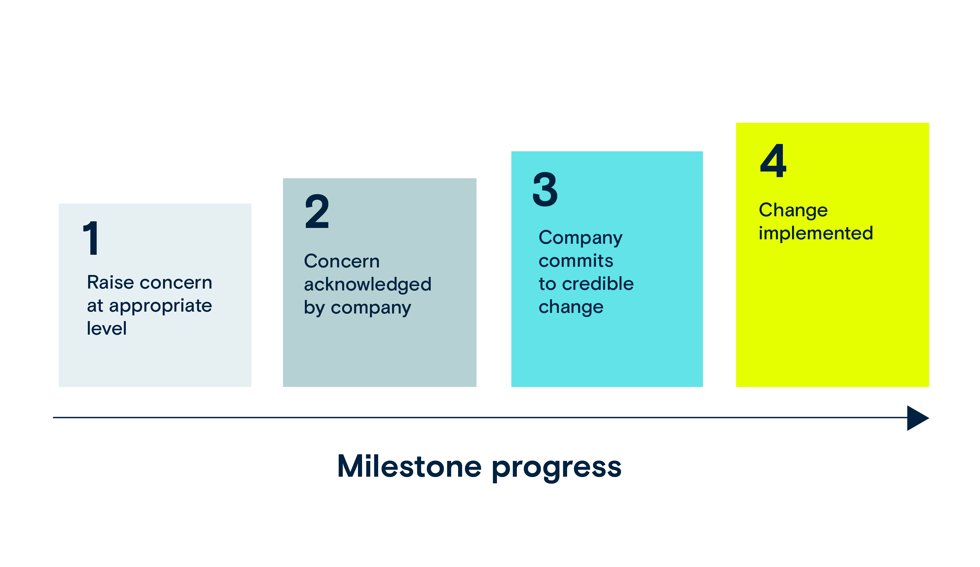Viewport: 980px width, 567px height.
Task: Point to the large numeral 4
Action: [x=773, y=160]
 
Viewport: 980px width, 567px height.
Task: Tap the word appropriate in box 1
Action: [x=160, y=307]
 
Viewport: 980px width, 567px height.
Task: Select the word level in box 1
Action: [x=106, y=328]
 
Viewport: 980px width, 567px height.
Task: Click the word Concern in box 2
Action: [x=342, y=261]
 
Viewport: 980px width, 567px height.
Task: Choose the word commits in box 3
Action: [x=576, y=261]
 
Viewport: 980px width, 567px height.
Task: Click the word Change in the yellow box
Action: [x=793, y=211]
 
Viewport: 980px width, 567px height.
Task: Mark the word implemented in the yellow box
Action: [x=816, y=234]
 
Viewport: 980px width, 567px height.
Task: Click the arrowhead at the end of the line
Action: [x=918, y=418]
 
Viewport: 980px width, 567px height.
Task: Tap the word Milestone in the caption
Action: [x=409, y=466]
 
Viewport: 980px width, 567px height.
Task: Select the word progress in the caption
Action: [x=557, y=469]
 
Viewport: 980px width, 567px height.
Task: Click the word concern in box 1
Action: [x=176, y=283]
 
